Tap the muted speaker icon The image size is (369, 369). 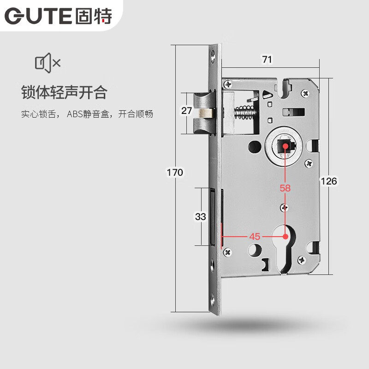tap(48, 62)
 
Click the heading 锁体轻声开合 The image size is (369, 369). tap(64, 93)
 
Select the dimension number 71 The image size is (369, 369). tap(267, 59)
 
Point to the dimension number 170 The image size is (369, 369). tap(175, 173)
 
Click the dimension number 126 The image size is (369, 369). tap(329, 181)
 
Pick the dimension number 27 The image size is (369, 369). tap(186, 111)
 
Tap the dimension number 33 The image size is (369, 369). tap(200, 216)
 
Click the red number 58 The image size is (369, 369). tap(286, 188)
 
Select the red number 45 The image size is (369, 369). tap(255, 237)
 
